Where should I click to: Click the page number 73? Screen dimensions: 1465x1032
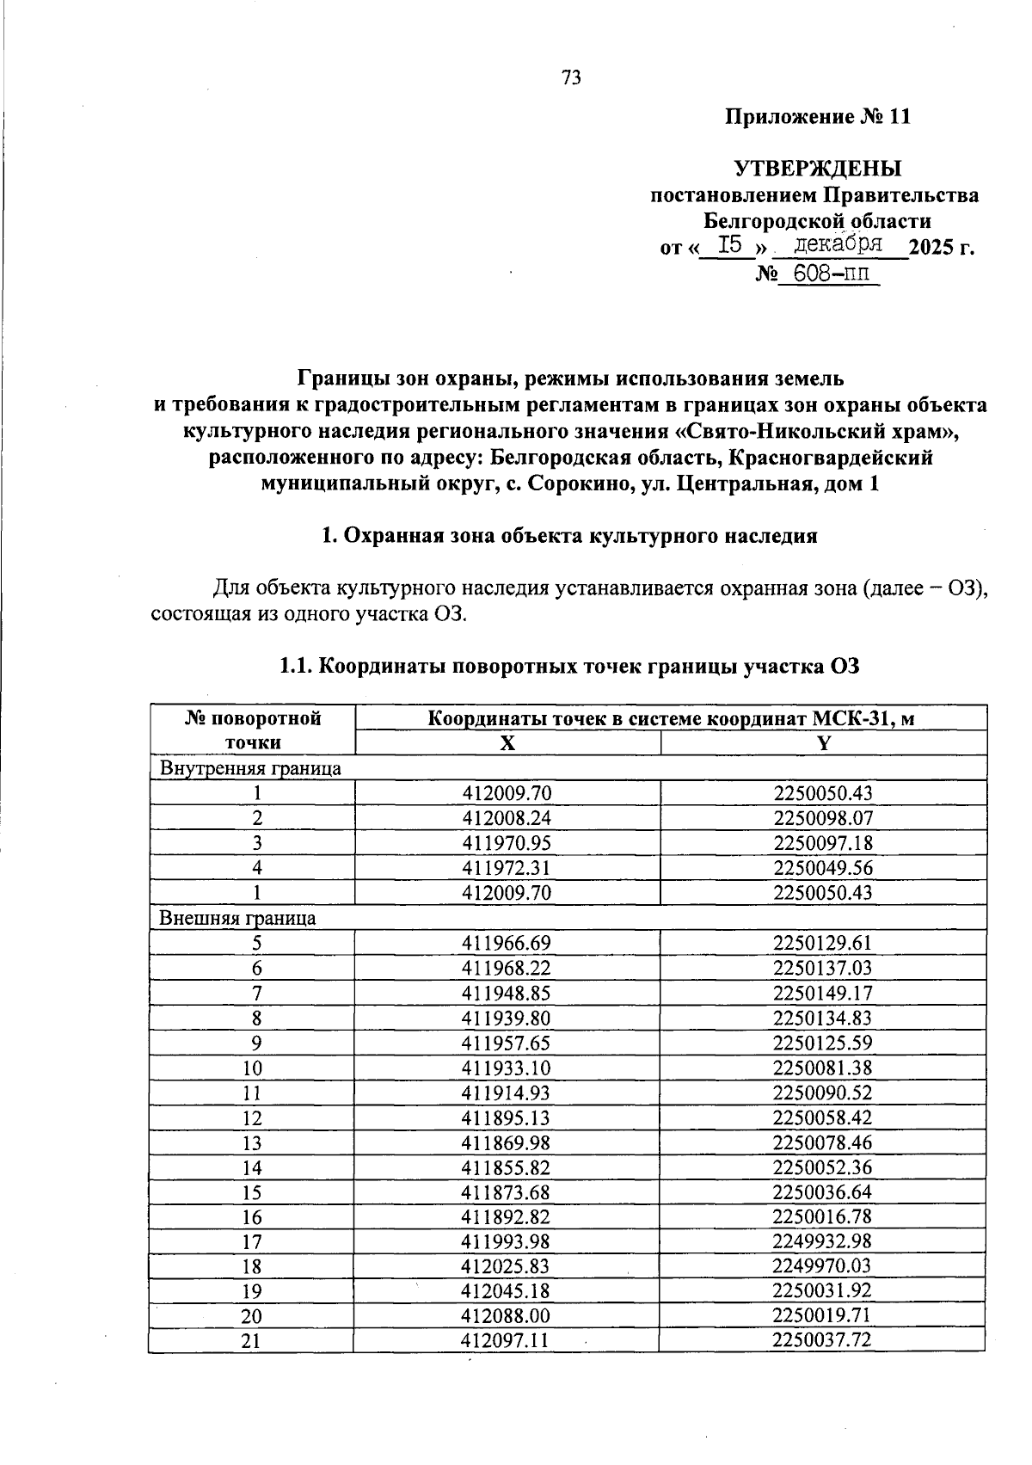tap(571, 78)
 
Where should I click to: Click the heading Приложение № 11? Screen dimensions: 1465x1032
tap(817, 117)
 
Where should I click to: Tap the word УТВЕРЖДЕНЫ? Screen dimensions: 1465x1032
tap(817, 168)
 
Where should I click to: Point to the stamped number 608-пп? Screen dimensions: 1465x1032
tap(829, 274)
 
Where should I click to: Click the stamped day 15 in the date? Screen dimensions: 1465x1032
tap(729, 245)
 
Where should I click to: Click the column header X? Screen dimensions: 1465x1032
tap(508, 743)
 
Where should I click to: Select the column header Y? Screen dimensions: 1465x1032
tap(823, 743)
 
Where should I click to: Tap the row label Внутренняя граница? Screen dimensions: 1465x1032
tap(250, 768)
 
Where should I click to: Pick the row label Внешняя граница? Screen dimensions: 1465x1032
tap(237, 918)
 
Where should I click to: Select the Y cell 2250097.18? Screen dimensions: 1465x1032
tap(823, 843)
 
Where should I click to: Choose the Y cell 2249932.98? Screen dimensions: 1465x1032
tap(823, 1241)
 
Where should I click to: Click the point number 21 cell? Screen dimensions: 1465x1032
tap(251, 1341)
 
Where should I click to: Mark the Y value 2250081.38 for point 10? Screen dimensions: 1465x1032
tap(823, 1068)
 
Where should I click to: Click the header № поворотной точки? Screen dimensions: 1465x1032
tap(253, 730)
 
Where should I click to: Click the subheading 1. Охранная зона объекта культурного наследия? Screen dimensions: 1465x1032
tap(568, 536)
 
